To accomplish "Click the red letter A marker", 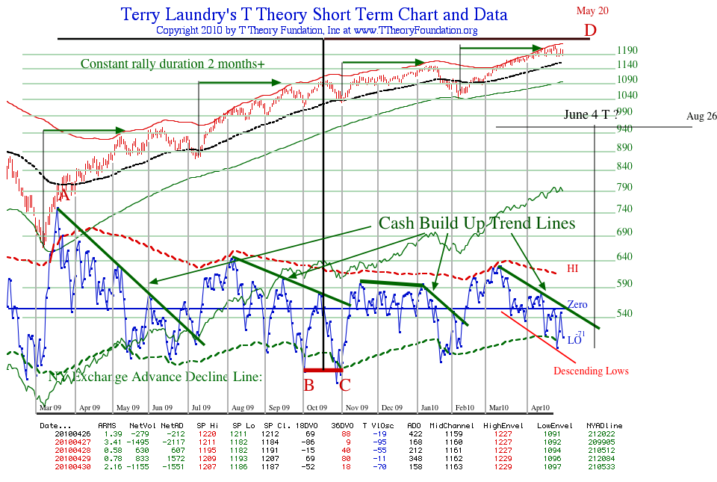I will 64,195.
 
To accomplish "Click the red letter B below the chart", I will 308,386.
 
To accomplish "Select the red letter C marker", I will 344,386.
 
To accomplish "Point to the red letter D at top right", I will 591,31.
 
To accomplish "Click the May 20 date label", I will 592,10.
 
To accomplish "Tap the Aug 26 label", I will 701,117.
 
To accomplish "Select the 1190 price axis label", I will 627,51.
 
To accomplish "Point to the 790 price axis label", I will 627,187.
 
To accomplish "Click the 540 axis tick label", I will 627,312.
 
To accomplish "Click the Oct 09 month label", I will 317,408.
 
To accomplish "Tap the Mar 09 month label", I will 50,408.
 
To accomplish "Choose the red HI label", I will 573,268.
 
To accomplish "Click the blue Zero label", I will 578,305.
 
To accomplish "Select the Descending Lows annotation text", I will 591,371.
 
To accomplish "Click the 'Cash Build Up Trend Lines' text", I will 477,223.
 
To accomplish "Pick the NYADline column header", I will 606,425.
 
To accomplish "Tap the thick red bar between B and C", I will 323,370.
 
